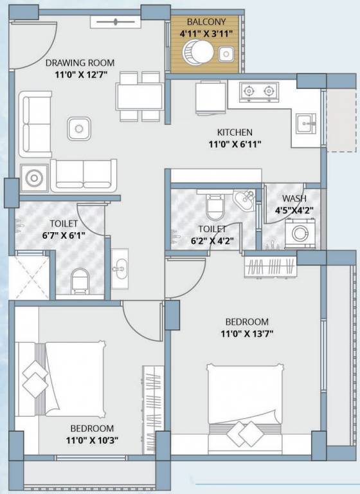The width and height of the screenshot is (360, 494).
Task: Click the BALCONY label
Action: (206, 22)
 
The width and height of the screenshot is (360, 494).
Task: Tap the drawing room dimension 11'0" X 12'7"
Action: (81, 75)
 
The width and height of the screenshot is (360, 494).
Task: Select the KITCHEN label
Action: (235, 132)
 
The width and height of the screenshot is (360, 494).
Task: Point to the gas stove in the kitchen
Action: (259, 92)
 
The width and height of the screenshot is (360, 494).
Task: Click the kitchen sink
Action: (306, 123)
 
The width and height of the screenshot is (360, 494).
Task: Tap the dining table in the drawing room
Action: (139, 96)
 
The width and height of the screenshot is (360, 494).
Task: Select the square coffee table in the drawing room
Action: (78, 129)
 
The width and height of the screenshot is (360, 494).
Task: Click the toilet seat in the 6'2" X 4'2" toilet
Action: (215, 206)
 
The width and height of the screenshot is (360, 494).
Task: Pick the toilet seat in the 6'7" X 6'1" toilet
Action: (80, 280)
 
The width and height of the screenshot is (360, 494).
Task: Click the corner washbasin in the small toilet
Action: (244, 200)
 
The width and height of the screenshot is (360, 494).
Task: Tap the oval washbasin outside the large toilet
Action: (120, 269)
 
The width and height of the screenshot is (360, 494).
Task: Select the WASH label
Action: (294, 199)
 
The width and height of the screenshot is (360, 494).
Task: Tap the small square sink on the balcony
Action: (226, 54)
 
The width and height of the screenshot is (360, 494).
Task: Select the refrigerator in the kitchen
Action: (211, 98)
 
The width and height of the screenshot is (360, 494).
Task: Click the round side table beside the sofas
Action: (34, 178)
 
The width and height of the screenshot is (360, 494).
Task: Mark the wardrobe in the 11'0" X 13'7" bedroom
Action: (270, 266)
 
